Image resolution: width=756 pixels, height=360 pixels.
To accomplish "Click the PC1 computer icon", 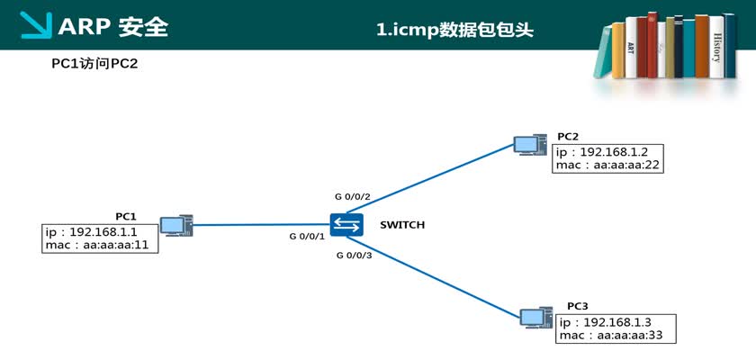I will [173, 226].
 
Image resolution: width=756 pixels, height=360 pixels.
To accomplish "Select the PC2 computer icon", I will [528, 144].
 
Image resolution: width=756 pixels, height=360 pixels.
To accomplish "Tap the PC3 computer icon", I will [534, 316].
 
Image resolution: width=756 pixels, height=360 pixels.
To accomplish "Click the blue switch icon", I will [346, 225].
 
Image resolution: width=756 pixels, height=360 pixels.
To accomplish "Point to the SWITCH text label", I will [401, 225].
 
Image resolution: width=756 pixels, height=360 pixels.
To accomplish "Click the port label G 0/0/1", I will [306, 236].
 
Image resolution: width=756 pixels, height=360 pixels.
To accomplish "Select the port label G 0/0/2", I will [352, 195].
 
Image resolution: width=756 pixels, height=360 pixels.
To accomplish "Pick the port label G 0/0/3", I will [354, 256].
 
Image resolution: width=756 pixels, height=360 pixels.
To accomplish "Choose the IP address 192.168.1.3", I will [617, 321].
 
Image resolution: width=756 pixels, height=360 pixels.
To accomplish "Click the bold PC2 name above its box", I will [567, 136].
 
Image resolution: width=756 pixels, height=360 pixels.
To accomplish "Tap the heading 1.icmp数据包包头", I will [455, 29].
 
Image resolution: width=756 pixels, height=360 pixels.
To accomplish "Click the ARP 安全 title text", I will [112, 27].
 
